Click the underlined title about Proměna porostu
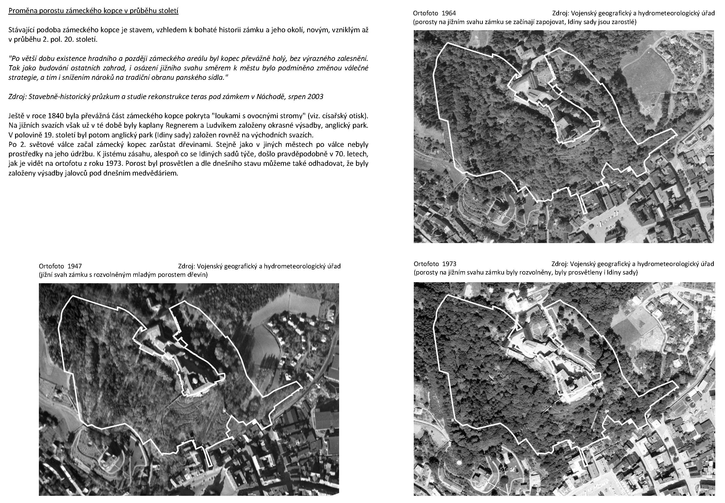(93, 11)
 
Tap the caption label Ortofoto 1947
(60, 266)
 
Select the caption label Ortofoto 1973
(435, 264)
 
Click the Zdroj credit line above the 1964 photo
(633, 13)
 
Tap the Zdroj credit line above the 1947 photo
(259, 266)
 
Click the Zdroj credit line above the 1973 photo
(632, 264)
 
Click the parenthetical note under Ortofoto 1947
(123, 275)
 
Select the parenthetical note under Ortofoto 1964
(525, 22)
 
